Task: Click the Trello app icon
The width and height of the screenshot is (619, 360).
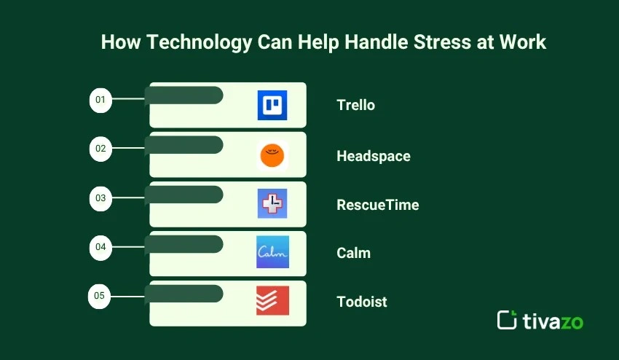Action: click(x=272, y=105)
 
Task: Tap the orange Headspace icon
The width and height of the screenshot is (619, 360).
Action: click(x=272, y=155)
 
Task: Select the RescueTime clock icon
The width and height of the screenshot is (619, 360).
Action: click(x=272, y=203)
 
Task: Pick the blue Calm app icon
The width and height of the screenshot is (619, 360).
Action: click(x=272, y=252)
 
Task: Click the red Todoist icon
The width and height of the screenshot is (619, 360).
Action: click(x=272, y=301)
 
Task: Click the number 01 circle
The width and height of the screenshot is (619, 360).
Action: click(x=100, y=100)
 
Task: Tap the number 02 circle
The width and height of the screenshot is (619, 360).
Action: click(x=100, y=149)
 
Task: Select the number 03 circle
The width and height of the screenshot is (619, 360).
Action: click(x=100, y=198)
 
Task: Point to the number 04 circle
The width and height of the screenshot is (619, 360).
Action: click(x=100, y=247)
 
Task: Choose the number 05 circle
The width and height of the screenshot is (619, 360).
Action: click(x=99, y=296)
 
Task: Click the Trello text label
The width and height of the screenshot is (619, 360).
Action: click(x=355, y=105)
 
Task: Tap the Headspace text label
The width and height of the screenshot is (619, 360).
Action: click(x=374, y=156)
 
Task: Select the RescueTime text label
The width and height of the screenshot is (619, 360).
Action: click(x=378, y=205)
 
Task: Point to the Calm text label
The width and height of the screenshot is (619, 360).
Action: click(x=353, y=253)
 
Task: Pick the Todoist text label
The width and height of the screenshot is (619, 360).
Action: click(x=362, y=302)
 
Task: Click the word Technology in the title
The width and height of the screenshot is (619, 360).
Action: click(x=200, y=42)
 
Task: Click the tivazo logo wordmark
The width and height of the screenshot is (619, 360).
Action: click(x=553, y=321)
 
